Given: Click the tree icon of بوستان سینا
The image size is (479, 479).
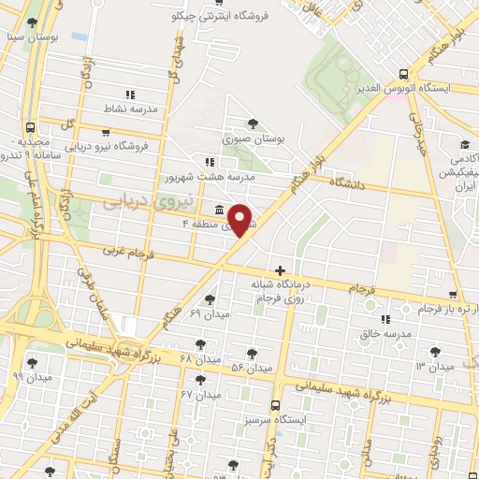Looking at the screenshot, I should (34, 22).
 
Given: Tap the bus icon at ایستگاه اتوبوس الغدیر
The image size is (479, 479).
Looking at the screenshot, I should (403, 73).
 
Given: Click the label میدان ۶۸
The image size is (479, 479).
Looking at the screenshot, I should (199, 359).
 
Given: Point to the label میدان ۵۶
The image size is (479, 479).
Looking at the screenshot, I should (251, 368).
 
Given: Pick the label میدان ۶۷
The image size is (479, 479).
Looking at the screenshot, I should (199, 394).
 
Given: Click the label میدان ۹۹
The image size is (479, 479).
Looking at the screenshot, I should (31, 376).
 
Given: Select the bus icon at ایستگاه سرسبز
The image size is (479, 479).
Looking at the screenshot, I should (275, 406).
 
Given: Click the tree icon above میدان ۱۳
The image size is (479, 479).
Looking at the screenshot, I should (434, 352).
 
